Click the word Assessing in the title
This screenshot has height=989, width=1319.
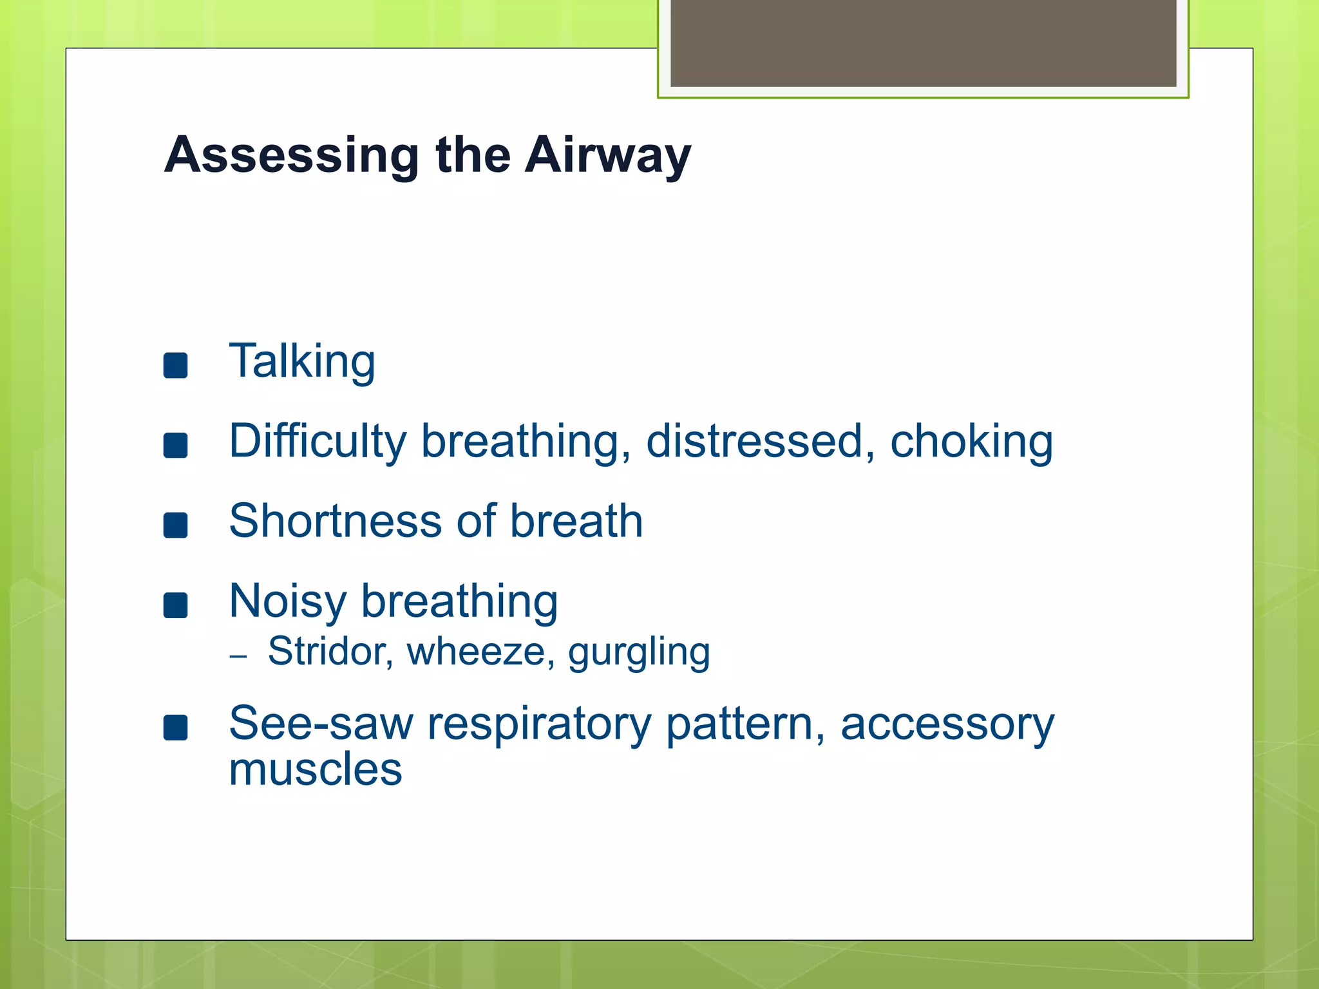click(292, 155)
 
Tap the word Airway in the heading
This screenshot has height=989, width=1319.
click(607, 155)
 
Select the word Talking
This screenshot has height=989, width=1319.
click(302, 361)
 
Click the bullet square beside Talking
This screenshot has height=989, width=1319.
click(175, 365)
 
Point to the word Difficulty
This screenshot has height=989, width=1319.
click(318, 442)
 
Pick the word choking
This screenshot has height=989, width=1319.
click(971, 442)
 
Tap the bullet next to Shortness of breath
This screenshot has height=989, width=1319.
click(175, 525)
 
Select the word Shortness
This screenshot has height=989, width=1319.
click(335, 521)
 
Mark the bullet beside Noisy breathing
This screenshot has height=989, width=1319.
click(175, 605)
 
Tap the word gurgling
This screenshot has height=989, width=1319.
click(639, 652)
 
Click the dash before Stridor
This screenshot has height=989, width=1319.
click(238, 656)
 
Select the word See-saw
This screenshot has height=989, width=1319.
click(321, 723)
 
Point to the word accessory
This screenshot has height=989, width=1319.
click(947, 724)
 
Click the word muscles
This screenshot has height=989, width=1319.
click(316, 769)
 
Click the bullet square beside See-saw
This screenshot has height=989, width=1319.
click(175, 728)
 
